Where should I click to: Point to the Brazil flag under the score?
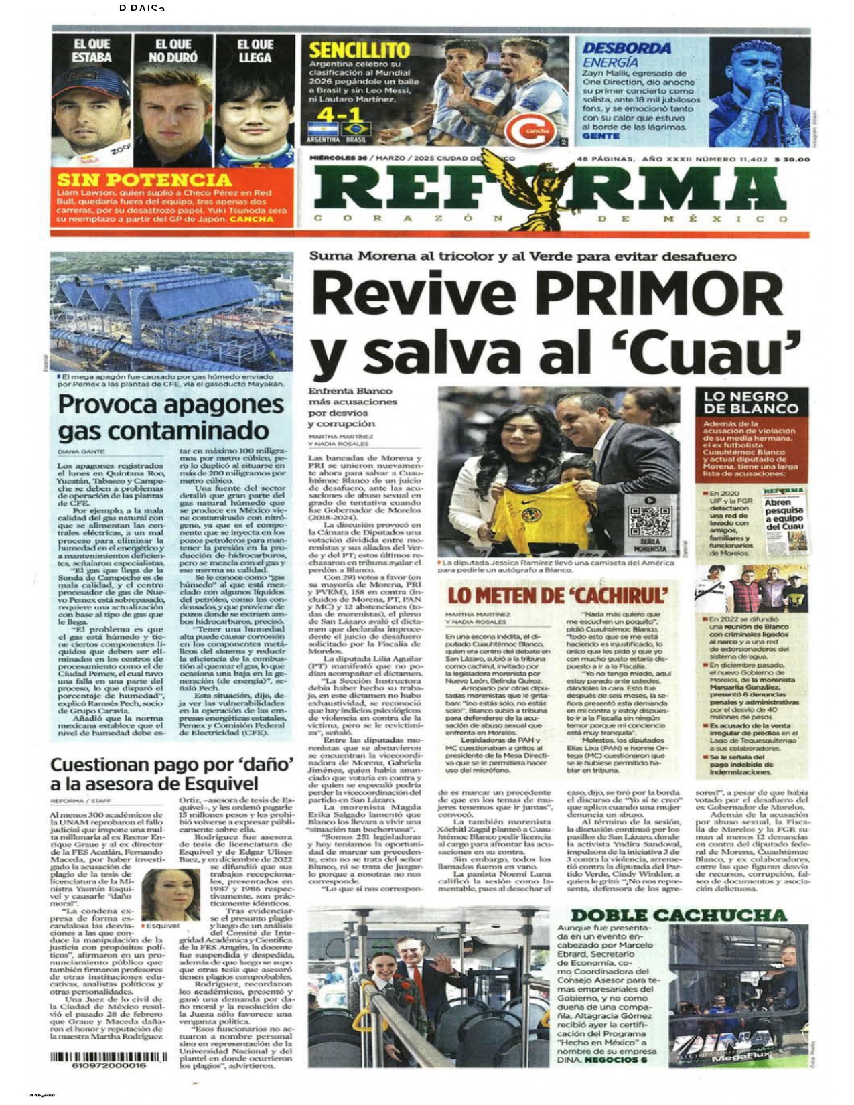[x=354, y=130]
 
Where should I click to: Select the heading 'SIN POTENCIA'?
[x=144, y=179]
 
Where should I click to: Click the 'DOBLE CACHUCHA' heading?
[x=679, y=915]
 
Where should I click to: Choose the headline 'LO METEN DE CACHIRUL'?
[x=558, y=595]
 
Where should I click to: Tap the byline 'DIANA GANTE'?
[x=81, y=452]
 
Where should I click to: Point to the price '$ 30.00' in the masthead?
[x=792, y=159]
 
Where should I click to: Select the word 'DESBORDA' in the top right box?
[x=626, y=48]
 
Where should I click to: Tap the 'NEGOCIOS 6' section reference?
[x=616, y=1060]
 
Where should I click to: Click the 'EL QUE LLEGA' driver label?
[x=255, y=51]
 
